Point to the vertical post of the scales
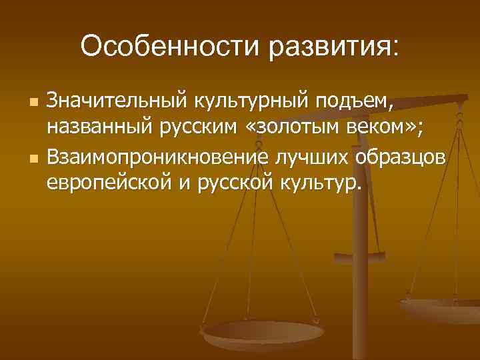coord(363,220)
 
